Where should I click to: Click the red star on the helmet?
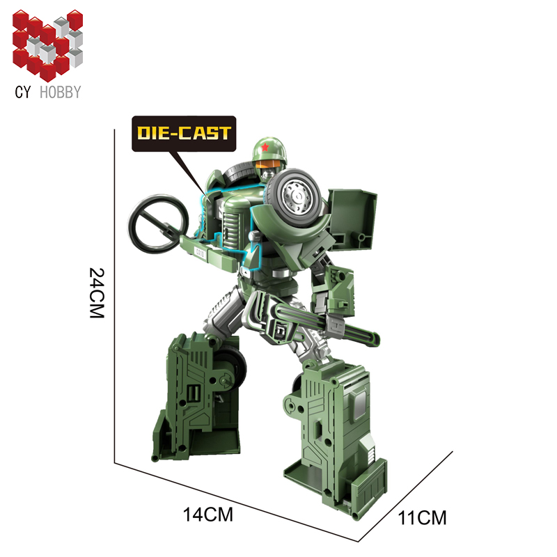(x=265, y=147)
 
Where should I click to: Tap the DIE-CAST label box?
(x=184, y=134)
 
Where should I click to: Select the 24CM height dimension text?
(x=97, y=292)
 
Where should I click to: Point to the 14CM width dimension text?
(x=207, y=514)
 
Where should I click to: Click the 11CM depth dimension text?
(x=422, y=517)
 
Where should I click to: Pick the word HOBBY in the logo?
(x=61, y=92)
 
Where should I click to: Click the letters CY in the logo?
(x=23, y=92)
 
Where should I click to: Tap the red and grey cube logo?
(x=47, y=45)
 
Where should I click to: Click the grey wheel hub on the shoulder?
(x=298, y=194)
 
